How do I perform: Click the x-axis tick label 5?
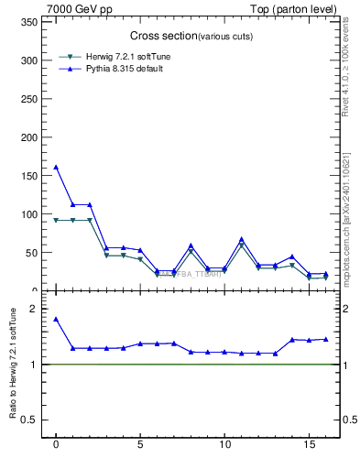140,447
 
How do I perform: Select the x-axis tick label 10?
224,447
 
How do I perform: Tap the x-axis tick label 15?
309,447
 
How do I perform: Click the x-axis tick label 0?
56,447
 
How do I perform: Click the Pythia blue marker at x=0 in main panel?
56,167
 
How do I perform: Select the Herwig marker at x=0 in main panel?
56,220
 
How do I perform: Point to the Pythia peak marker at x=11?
242,239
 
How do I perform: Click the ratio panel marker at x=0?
56,319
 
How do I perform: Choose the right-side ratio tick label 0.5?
348,420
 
